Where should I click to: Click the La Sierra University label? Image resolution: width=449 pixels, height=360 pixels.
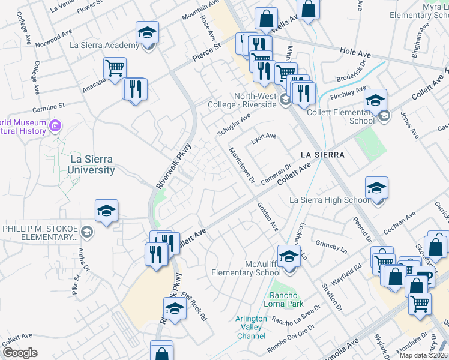pyautogui.click(x=92, y=164)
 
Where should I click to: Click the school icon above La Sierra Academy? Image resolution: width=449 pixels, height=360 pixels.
pyautogui.click(x=147, y=32)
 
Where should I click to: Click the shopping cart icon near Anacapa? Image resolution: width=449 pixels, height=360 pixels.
pyautogui.click(x=114, y=67)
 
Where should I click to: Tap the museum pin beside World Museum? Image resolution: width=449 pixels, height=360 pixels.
pyautogui.click(x=56, y=126)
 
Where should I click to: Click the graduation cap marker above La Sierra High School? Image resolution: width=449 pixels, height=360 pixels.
pyautogui.click(x=376, y=187)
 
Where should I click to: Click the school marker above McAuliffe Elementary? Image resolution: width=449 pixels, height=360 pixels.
pyautogui.click(x=289, y=256)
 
